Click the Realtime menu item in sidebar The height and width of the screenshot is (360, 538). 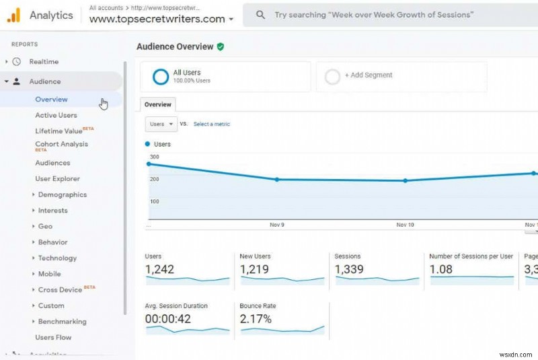[x=44, y=62]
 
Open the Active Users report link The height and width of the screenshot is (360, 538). [x=56, y=115]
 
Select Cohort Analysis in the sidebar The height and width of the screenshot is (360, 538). [x=61, y=144]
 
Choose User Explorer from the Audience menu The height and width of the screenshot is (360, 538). [x=57, y=179]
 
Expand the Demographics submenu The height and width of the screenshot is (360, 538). [x=62, y=195]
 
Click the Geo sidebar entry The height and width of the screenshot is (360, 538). [x=45, y=227]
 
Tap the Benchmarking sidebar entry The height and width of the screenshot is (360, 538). [x=62, y=322]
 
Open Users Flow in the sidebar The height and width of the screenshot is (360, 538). [x=53, y=338]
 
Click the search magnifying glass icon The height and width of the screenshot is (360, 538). [x=261, y=15]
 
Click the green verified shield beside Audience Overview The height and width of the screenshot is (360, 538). [x=221, y=46]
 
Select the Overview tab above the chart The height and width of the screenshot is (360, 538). [x=158, y=104]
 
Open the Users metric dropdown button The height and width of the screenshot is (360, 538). [x=161, y=124]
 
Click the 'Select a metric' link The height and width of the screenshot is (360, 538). [x=211, y=124]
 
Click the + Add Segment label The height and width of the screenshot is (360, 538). [x=368, y=75]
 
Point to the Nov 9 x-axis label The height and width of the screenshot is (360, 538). [x=277, y=225]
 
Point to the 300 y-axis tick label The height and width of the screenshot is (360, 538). [x=154, y=157]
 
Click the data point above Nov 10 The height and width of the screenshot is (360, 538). [x=405, y=180]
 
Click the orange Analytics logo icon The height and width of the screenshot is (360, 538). [x=13, y=15]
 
